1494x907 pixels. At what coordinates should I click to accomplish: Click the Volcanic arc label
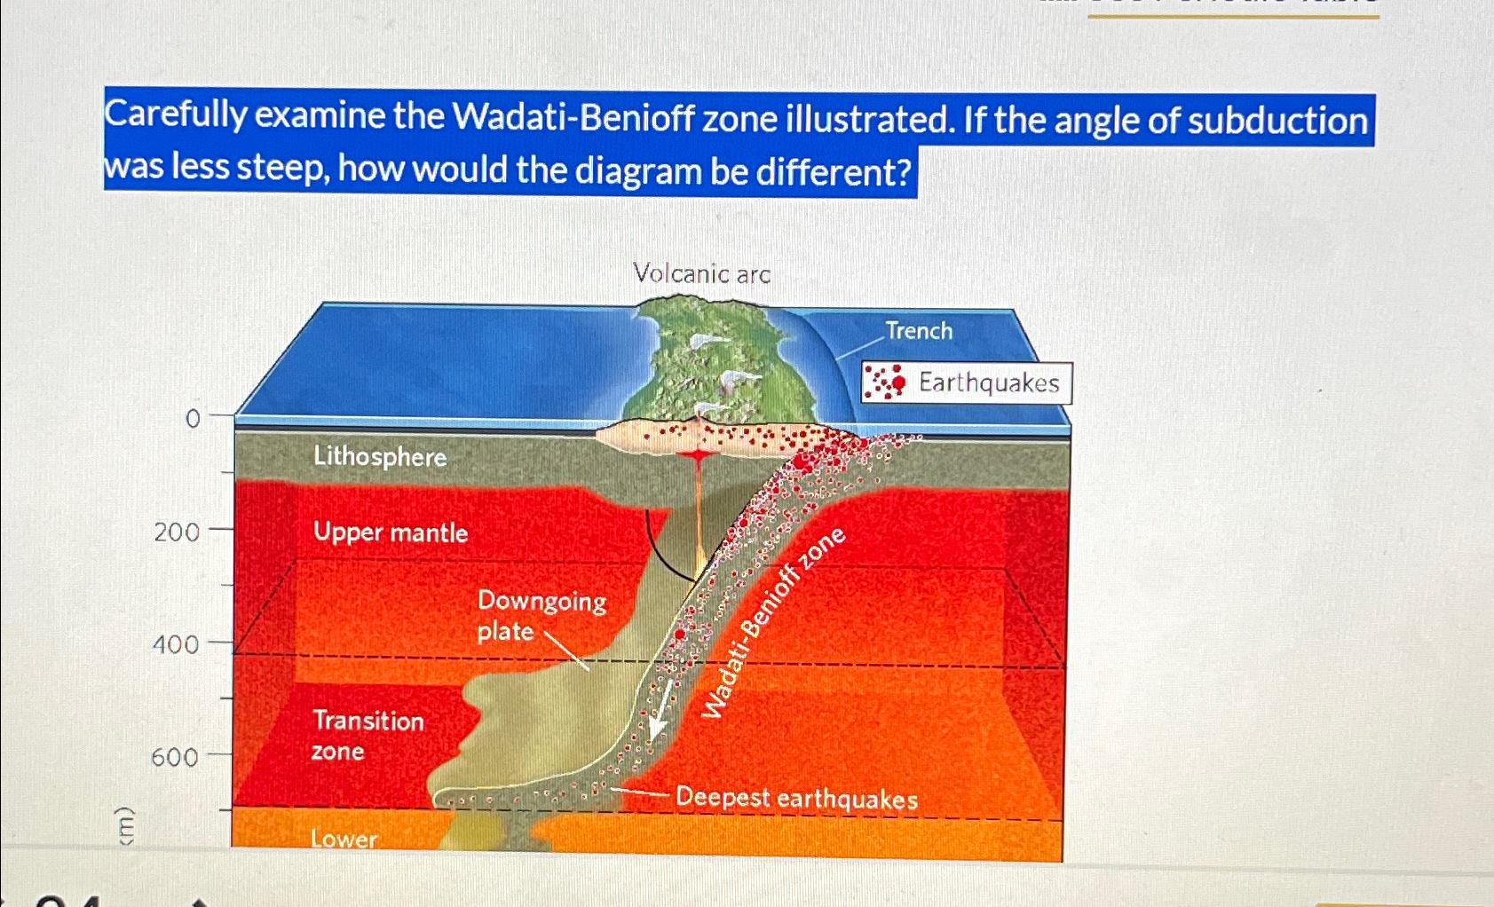click(x=701, y=273)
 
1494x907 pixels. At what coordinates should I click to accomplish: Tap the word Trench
click(x=919, y=331)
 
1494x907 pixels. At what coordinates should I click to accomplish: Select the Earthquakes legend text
click(x=989, y=383)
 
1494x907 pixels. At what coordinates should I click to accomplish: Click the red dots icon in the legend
click(x=885, y=382)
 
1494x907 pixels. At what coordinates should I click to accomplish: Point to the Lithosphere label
click(x=380, y=456)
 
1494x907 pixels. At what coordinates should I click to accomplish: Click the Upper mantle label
click(x=391, y=532)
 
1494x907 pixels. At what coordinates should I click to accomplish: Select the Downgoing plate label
click(x=541, y=615)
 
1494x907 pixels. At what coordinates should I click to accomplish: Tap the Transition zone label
click(x=367, y=735)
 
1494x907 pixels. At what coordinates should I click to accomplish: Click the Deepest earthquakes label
click(x=796, y=797)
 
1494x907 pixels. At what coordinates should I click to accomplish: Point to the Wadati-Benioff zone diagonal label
click(x=772, y=622)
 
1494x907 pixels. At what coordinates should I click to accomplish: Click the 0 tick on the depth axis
click(x=192, y=418)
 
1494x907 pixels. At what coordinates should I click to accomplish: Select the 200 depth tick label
click(x=177, y=532)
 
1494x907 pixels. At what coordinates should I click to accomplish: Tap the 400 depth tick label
click(x=176, y=643)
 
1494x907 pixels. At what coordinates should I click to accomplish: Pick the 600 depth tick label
click(x=175, y=757)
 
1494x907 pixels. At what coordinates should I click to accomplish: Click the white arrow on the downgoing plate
click(x=660, y=712)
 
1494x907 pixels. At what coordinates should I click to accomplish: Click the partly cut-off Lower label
click(x=344, y=838)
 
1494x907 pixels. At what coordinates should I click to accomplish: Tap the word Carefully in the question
click(x=175, y=114)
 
